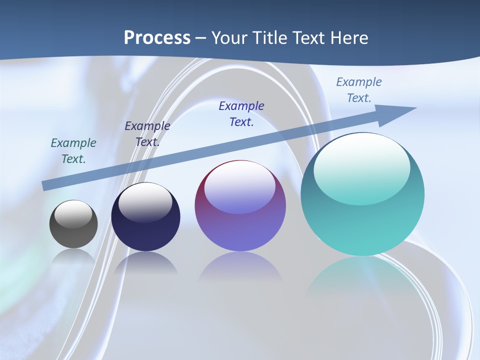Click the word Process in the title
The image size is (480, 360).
click(x=157, y=38)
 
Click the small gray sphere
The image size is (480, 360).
click(x=73, y=224)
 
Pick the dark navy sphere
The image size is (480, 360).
click(x=145, y=217)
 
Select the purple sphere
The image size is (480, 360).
click(x=240, y=206)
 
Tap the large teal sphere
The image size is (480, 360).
click(x=362, y=194)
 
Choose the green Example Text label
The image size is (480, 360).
click(x=73, y=150)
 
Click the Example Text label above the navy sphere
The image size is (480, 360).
click(x=147, y=133)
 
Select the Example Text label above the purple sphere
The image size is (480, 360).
click(x=241, y=113)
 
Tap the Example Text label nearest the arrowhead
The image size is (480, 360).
click(x=359, y=89)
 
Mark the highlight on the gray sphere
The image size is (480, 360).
click(x=73, y=214)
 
